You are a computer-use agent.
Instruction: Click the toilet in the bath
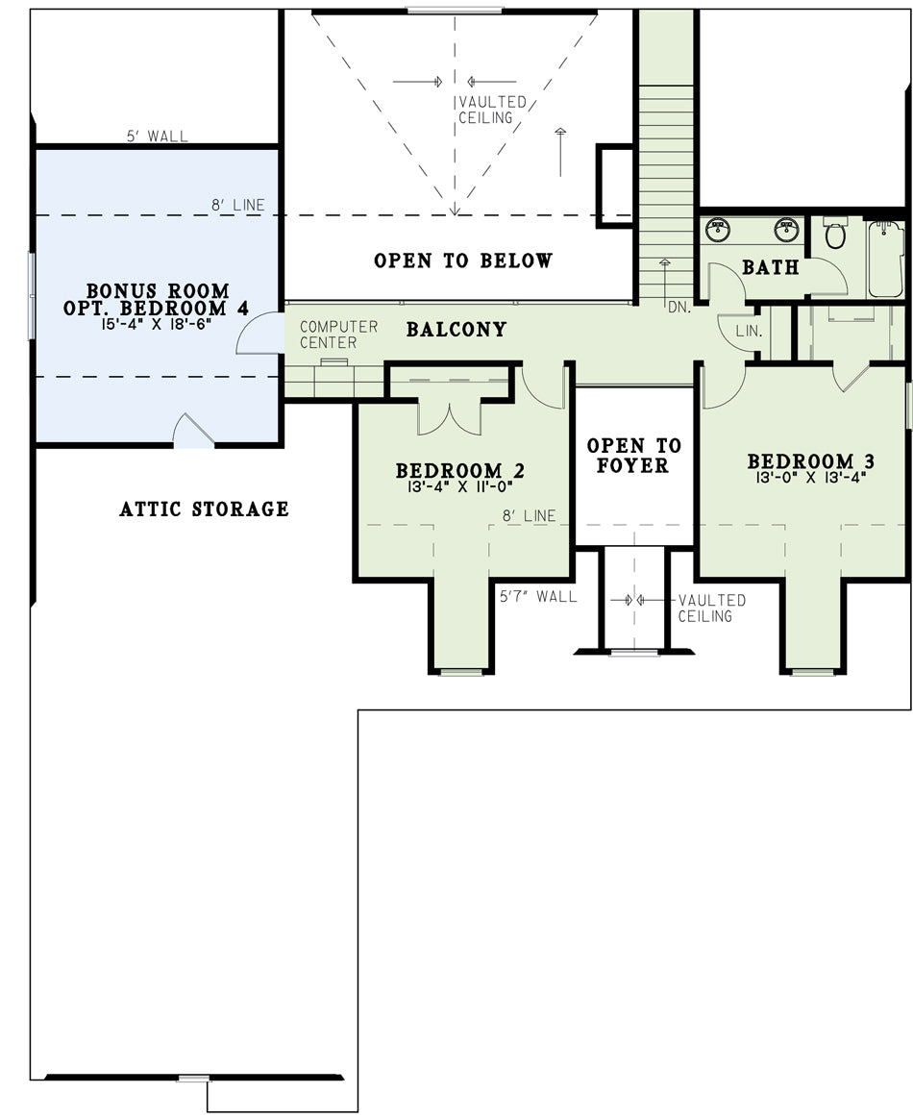pos(835,234)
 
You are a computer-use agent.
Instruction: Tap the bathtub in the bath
pos(886,259)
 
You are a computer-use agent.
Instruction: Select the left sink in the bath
pos(718,229)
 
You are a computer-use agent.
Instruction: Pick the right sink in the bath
pos(786,229)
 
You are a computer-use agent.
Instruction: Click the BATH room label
pos(771,267)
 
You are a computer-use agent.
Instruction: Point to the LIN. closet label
pos(749,332)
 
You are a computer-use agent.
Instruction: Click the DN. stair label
pos(679,308)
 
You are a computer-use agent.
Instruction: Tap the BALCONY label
pos(456,330)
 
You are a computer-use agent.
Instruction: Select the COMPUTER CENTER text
pos(338,335)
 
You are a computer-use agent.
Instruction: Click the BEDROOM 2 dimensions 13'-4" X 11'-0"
pos(460,487)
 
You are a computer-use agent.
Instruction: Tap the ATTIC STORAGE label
pos(205,509)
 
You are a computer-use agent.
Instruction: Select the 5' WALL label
pos(158,137)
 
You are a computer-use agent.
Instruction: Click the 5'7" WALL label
pos(538,596)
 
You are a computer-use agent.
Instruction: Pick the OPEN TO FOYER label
pos(633,456)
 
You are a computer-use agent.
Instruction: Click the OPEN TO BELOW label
pos(463,261)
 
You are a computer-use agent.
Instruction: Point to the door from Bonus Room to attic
pos(192,430)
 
